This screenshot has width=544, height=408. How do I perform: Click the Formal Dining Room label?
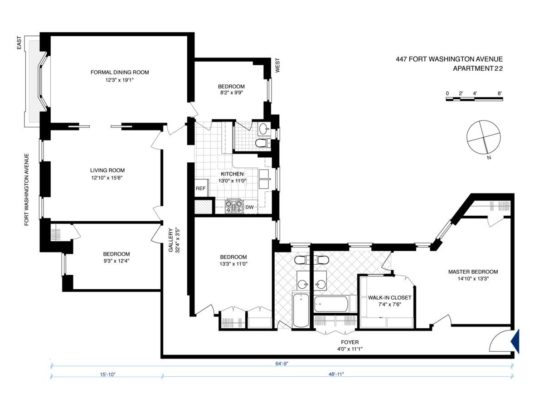tap(120, 73)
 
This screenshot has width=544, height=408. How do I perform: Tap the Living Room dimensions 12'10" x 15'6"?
tap(107, 178)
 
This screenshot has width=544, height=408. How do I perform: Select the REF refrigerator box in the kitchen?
tap(201, 188)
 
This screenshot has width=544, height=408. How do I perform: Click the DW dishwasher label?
tap(250, 207)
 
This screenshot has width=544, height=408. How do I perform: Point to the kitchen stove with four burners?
tap(233, 206)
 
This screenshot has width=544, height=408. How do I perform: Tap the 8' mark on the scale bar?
tap(500, 93)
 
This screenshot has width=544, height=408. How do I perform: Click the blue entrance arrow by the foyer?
tap(515, 341)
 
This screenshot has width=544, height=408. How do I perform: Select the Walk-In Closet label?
tap(389, 297)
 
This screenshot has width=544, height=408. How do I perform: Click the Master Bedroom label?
tap(473, 272)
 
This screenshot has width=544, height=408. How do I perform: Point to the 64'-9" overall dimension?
tap(282, 364)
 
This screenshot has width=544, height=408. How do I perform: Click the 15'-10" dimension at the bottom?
tap(108, 374)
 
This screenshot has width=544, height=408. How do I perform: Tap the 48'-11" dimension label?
tap(336, 374)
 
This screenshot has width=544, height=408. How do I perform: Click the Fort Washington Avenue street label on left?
tap(26, 189)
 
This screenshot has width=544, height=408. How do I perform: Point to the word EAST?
tap(19, 43)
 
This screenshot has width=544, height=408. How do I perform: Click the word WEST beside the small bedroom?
tap(277, 65)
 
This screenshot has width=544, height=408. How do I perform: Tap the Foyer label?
tap(350, 342)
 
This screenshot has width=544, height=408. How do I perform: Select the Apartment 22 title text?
tap(478, 68)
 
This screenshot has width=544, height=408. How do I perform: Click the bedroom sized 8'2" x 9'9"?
tap(231, 89)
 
